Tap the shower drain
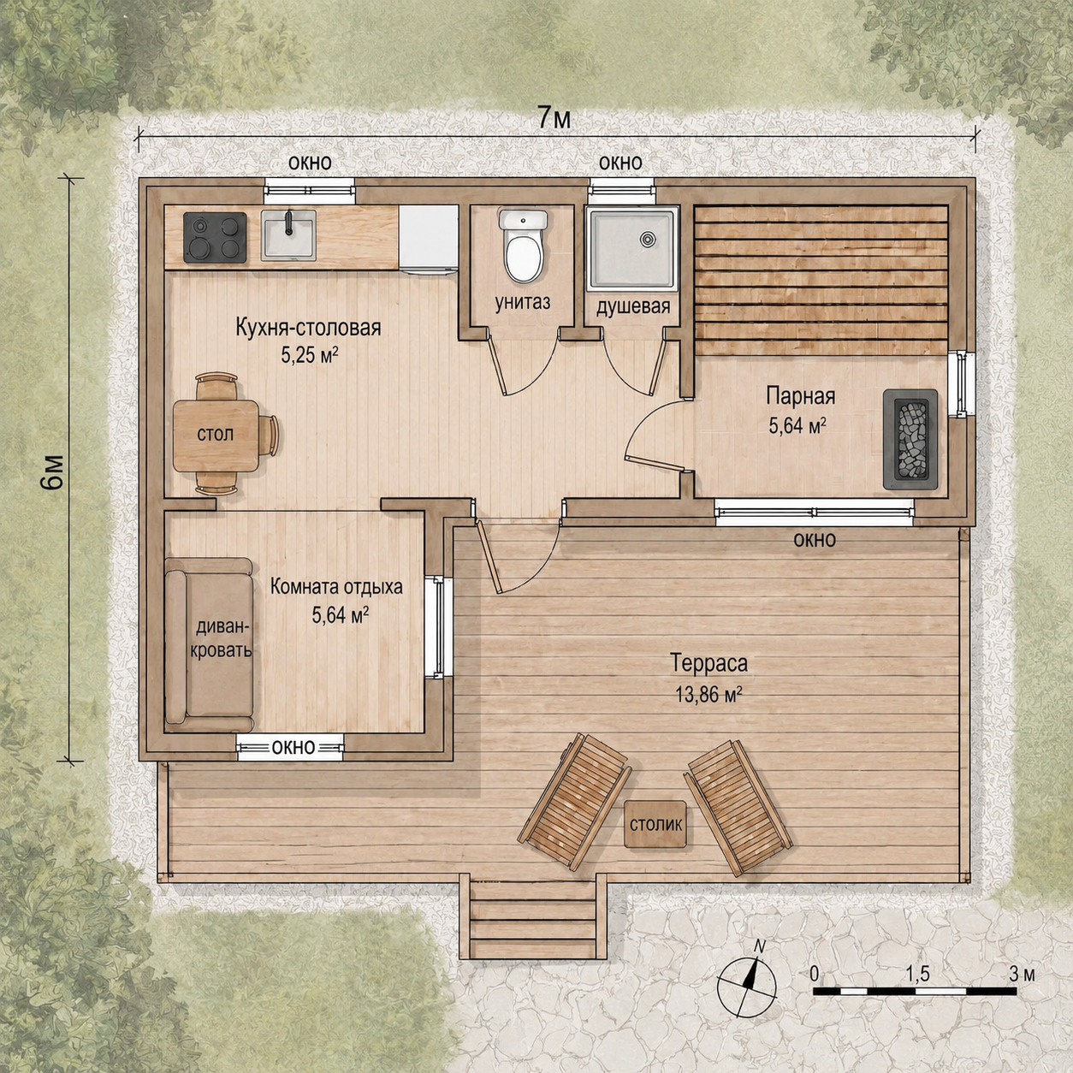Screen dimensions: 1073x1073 click(647, 240)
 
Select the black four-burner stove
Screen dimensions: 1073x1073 click(215, 237)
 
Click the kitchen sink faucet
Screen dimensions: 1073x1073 click(288, 222)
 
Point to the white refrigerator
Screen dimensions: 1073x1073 click(428, 240)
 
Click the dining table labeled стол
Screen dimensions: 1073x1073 click(216, 436)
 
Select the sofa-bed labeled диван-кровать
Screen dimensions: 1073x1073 click(210, 644)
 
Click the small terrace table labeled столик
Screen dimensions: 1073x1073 click(655, 825)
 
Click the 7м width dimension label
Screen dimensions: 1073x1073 click(554, 118)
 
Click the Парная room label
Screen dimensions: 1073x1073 click(800, 396)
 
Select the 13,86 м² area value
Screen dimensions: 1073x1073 click(708, 694)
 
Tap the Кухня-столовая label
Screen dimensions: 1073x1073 click(309, 328)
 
